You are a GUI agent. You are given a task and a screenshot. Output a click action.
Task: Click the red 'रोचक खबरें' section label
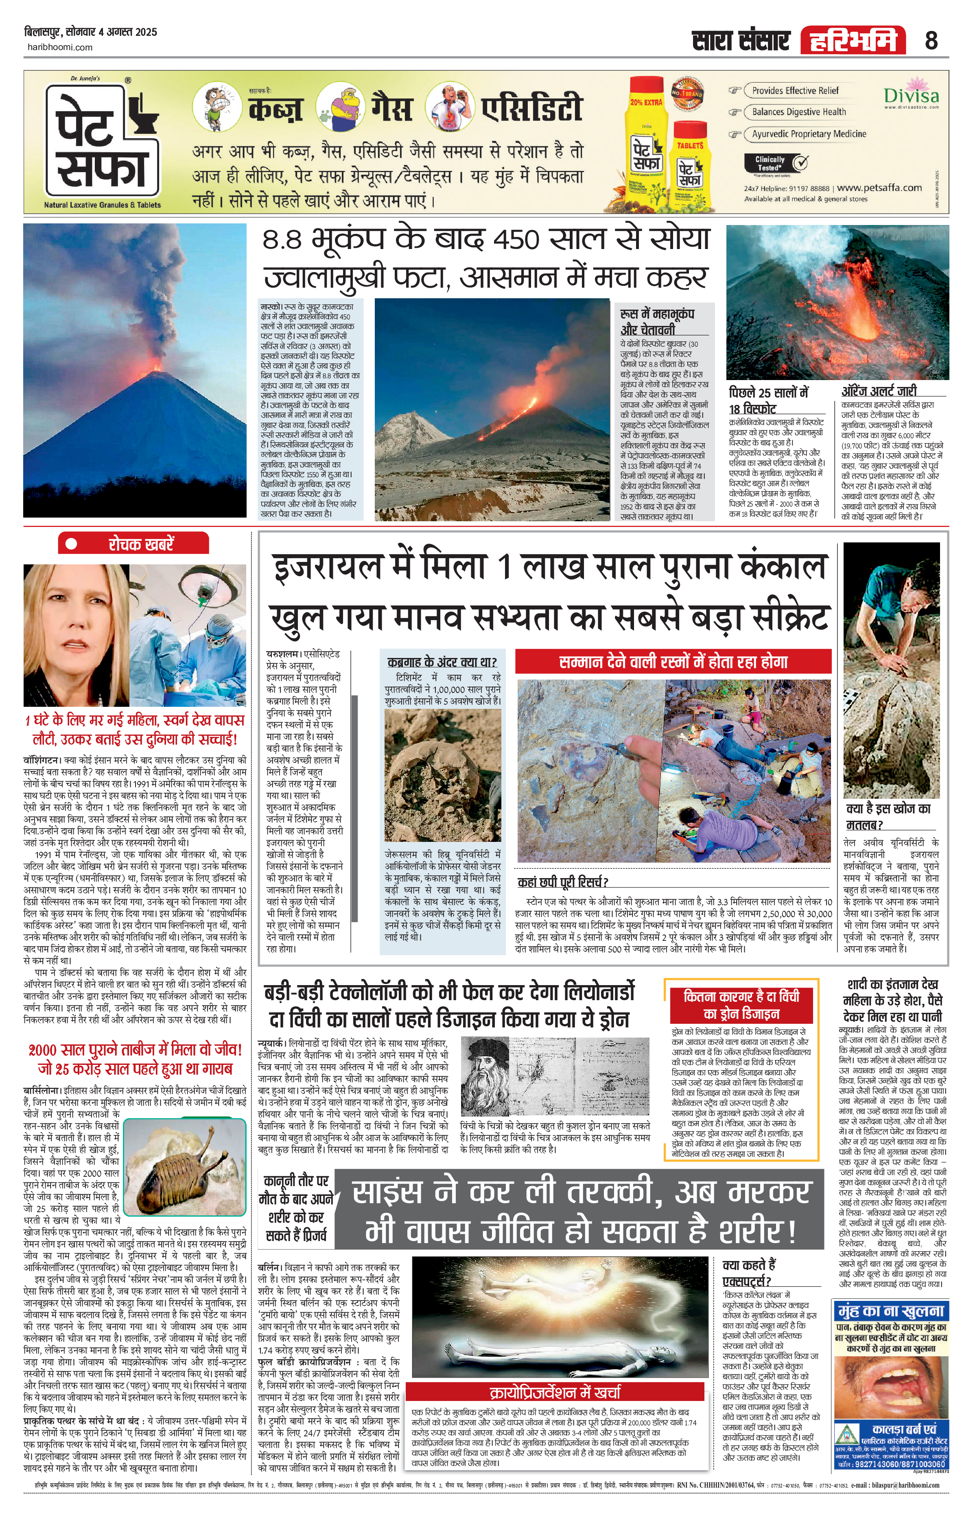pos(133,544)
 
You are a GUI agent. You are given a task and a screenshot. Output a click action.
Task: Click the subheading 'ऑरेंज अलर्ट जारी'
pos(879,391)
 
